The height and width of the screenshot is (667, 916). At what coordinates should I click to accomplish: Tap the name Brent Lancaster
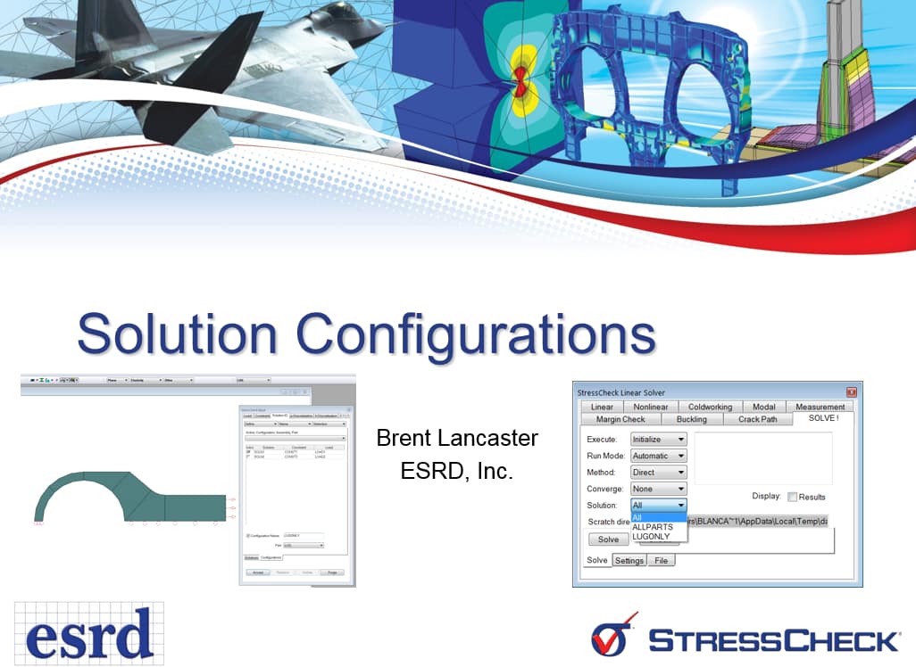457,438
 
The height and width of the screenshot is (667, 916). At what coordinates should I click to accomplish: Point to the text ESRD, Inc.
457,471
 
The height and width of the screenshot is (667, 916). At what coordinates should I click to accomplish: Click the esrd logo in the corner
89,633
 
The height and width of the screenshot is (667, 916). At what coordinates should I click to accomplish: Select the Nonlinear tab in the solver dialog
652,407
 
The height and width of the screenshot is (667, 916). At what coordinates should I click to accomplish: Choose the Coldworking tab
710,407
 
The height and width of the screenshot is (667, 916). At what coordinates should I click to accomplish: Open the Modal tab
763,407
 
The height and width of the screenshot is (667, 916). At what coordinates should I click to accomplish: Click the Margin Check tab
620,419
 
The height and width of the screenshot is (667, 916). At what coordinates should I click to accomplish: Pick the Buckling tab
691,419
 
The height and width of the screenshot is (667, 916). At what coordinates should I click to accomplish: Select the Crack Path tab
757,419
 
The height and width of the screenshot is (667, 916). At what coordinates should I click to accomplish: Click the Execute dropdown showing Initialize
659,440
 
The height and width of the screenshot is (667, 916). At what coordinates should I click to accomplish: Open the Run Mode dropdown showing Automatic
659,456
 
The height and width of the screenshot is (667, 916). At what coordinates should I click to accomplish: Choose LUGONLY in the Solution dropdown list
651,536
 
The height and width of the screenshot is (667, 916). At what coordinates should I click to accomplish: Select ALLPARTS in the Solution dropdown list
653,527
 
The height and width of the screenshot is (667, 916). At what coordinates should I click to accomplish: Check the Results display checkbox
792,497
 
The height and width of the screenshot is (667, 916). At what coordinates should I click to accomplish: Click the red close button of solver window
852,392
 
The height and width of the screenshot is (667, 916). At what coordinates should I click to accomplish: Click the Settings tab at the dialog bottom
629,560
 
